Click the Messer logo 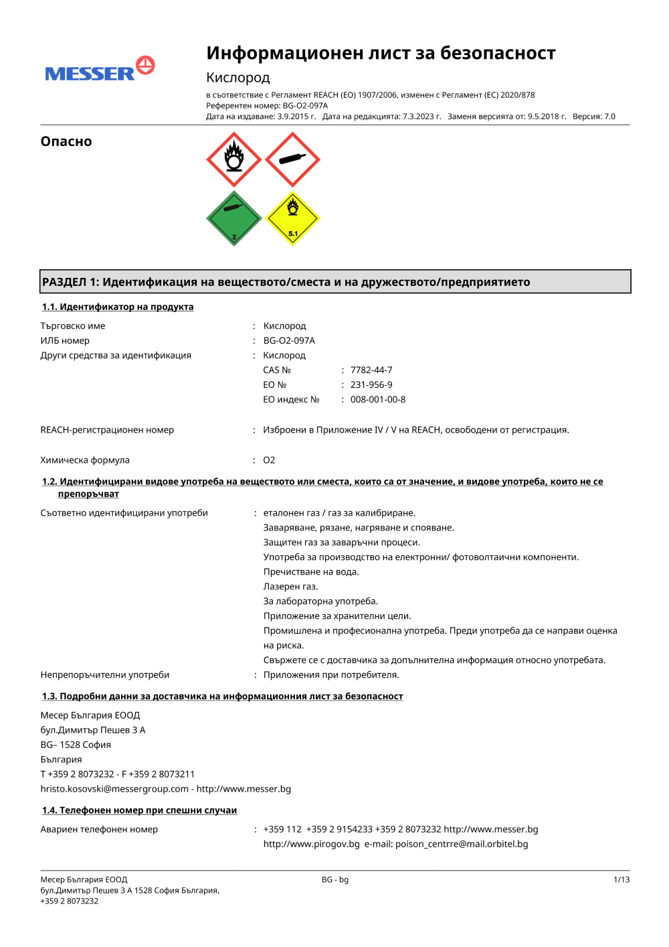point(100,70)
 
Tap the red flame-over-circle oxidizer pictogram point(233,159)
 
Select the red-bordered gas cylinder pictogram point(292,159)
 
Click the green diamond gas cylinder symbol point(233,218)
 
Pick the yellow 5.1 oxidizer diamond point(292,218)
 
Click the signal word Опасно point(66,141)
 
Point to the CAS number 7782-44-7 point(371,370)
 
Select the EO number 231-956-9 point(371,385)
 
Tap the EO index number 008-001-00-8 point(378,400)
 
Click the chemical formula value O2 point(269,460)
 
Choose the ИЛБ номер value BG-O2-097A point(289,341)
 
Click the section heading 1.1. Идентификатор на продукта point(118,307)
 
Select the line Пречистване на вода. point(311,572)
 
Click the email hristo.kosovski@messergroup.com point(114,789)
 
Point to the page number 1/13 point(622,880)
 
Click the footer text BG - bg point(335,880)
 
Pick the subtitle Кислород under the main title point(238,78)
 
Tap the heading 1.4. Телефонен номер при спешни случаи point(139,810)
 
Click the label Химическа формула point(85,460)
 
